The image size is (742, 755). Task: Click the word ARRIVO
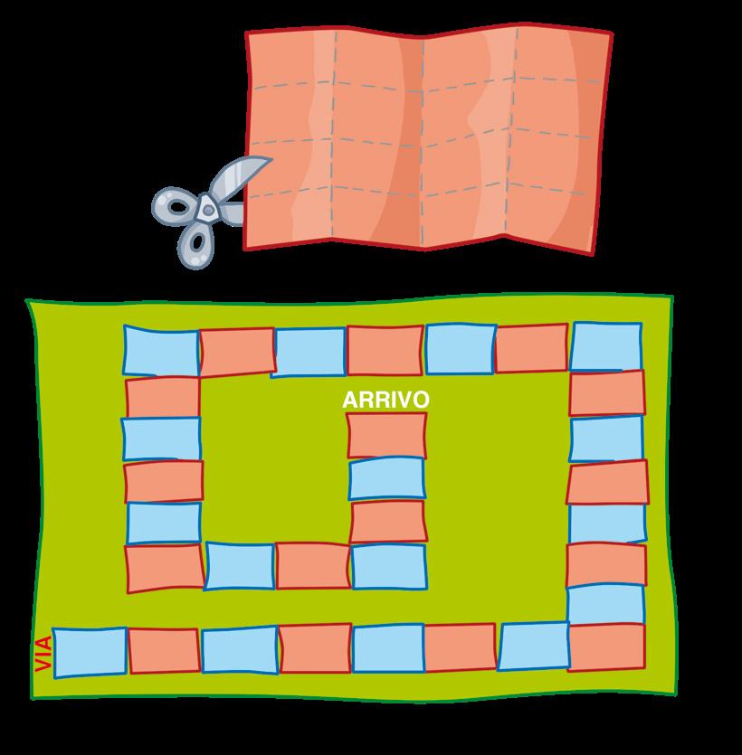(x=385, y=400)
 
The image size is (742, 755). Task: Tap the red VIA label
(x=42, y=652)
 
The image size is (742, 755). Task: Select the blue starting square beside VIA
(x=89, y=652)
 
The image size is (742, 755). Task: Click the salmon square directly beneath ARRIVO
(x=386, y=435)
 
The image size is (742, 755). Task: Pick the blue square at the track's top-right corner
(x=606, y=346)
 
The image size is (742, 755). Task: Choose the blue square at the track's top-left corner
(x=160, y=350)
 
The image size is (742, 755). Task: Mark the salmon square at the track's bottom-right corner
(x=606, y=646)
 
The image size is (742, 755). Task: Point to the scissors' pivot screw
(x=208, y=209)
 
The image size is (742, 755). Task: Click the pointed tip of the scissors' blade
(x=269, y=160)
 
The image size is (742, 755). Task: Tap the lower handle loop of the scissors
(x=194, y=243)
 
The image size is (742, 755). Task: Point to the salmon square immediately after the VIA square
(x=163, y=651)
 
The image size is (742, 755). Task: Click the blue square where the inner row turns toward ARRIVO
(x=388, y=566)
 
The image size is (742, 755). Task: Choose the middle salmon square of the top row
(x=385, y=350)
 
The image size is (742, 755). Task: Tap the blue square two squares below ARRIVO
(x=387, y=478)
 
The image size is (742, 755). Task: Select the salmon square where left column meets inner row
(x=164, y=568)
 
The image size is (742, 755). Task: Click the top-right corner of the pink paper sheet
(x=610, y=35)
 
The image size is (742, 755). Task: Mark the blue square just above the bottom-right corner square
(x=606, y=604)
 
